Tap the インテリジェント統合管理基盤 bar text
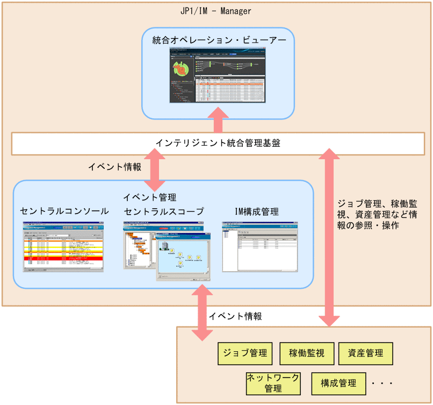(218, 144)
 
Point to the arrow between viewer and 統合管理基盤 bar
(218, 119)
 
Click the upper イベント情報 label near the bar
(115, 167)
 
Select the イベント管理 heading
(149, 197)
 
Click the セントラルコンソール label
(64, 211)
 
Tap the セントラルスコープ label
(164, 211)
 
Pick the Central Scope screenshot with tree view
(167, 251)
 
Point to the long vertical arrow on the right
(330, 237)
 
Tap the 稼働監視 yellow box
(306, 353)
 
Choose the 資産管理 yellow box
(365, 353)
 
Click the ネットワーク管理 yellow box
(272, 383)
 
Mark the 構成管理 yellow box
(338, 383)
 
